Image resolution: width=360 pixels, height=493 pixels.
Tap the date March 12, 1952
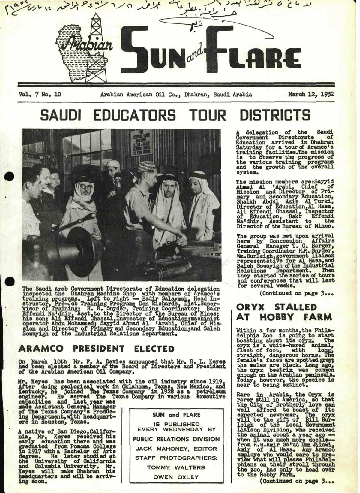click(311, 95)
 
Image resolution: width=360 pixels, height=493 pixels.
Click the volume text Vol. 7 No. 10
click(40, 95)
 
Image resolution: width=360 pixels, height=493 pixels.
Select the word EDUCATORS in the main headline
click(134, 115)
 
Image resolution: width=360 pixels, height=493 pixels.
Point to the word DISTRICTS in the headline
click(275, 115)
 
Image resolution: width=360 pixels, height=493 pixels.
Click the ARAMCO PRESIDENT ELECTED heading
click(96, 349)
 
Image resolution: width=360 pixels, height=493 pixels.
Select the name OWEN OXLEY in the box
click(176, 477)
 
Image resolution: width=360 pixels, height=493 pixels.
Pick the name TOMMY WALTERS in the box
click(176, 467)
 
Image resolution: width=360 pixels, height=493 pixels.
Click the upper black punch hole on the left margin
click(9, 177)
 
